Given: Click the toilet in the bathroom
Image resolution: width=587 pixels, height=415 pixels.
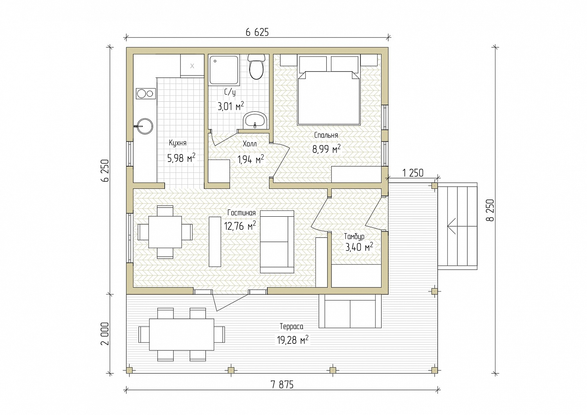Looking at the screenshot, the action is tap(256, 66).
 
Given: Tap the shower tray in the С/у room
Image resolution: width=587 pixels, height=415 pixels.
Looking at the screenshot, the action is tap(224, 70).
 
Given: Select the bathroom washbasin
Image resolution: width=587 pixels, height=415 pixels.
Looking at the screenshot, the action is tap(255, 120).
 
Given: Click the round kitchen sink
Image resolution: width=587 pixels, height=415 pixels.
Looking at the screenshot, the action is tap(144, 126).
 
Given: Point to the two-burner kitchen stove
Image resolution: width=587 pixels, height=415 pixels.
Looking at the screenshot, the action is tap(146, 93).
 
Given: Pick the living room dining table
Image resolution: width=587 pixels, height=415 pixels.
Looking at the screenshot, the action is tap(165, 232).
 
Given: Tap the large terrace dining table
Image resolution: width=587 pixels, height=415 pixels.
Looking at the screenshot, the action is tap(182, 334).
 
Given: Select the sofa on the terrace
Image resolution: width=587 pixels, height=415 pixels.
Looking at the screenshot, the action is tap(350, 311).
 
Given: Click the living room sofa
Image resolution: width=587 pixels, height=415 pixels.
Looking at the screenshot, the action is tap(277, 242).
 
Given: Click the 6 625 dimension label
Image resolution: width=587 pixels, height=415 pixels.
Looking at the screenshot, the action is tap(257, 32).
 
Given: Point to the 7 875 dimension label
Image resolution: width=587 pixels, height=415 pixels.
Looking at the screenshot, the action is tap(282, 384).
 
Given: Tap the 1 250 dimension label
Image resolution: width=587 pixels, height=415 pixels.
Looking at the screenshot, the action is tap(412, 173).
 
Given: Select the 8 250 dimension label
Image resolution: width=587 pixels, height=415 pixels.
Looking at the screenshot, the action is tap(490, 210).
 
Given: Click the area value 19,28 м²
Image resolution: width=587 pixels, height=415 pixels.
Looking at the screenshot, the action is tap(292, 340).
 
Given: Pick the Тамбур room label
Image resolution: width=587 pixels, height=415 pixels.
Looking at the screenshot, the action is tap(354, 237).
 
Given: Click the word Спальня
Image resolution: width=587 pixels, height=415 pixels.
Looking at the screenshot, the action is tap(326, 135).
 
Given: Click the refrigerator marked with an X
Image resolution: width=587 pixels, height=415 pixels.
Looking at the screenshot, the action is tap(192, 66).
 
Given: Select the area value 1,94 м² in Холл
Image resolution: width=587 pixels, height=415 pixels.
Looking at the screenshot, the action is tap(250, 159).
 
